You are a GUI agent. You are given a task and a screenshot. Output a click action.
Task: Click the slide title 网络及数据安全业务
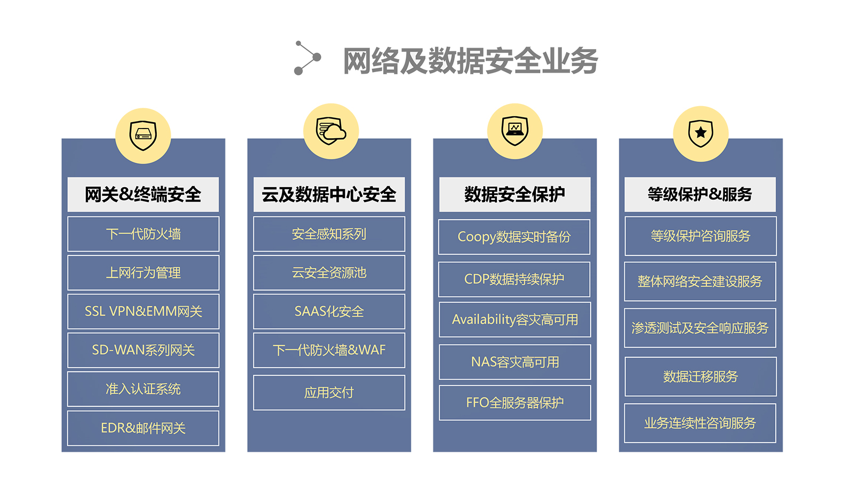pyautogui.click(x=470, y=61)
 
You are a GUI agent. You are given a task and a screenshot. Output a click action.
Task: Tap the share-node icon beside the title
pyautogui.click(x=307, y=58)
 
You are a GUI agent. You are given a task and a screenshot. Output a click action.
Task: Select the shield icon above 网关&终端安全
pyautogui.click(x=143, y=135)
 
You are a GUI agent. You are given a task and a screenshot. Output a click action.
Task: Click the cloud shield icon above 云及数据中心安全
pyautogui.click(x=331, y=131)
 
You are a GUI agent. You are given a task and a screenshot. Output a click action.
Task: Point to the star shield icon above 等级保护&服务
pyautogui.click(x=701, y=133)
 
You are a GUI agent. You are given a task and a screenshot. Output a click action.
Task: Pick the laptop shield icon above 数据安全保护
pyautogui.click(x=515, y=131)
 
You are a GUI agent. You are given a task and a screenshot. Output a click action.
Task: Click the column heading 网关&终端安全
pyautogui.click(x=143, y=195)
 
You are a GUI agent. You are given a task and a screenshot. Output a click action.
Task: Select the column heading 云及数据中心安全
pyautogui.click(x=329, y=195)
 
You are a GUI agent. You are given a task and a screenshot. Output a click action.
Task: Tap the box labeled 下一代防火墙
pyautogui.click(x=143, y=234)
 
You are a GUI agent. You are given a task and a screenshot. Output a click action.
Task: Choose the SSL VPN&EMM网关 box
pyautogui.click(x=143, y=311)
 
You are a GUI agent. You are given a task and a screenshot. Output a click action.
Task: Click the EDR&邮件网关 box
pyautogui.click(x=143, y=428)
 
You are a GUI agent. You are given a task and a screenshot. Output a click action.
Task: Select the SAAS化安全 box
pyautogui.click(x=329, y=311)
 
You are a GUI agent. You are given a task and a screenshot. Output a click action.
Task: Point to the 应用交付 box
pyautogui.click(x=329, y=393)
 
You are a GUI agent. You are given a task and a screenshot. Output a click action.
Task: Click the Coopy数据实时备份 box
pyautogui.click(x=514, y=237)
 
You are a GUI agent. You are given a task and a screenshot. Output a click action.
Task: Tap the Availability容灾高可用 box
pyautogui.click(x=514, y=319)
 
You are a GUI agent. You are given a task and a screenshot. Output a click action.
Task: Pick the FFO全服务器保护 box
pyautogui.click(x=514, y=403)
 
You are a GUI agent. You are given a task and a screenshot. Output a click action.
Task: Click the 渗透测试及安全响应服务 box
pyautogui.click(x=700, y=328)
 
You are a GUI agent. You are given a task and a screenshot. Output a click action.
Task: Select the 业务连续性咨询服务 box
pyautogui.click(x=700, y=423)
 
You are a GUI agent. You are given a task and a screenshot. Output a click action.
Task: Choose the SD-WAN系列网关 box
pyautogui.click(x=143, y=350)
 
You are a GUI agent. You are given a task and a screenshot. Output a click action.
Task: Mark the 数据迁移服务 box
pyautogui.click(x=700, y=377)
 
